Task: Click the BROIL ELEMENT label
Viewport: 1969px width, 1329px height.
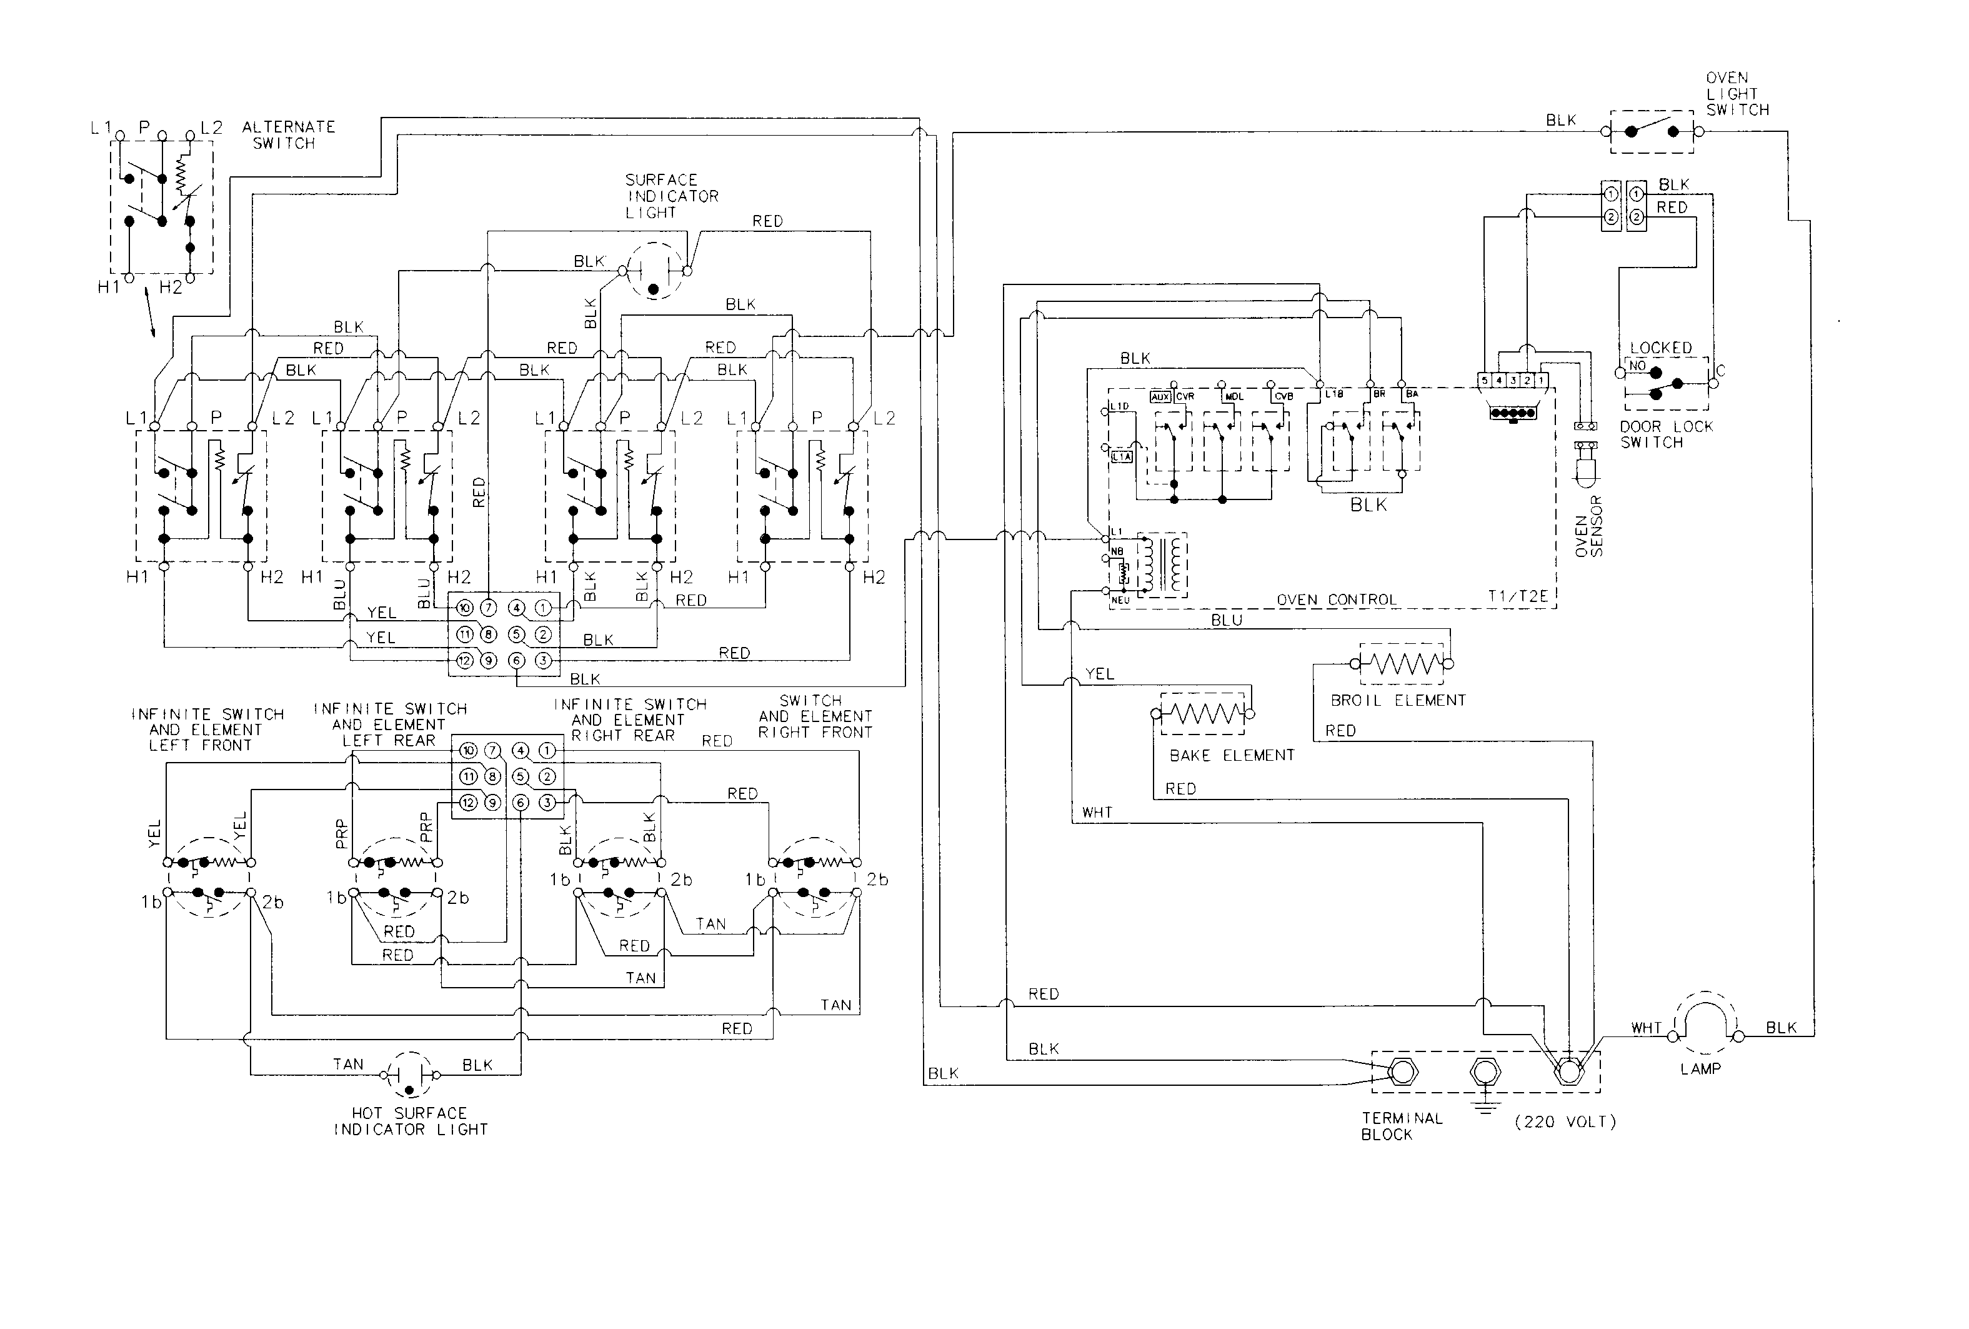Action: coord(1397,701)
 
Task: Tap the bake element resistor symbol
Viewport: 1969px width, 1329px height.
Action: coord(1203,715)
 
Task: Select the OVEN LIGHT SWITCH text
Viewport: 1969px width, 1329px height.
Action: coord(1737,94)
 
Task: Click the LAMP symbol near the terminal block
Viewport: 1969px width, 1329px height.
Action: coord(1704,1022)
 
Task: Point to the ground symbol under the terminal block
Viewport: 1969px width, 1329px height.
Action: coord(1484,1106)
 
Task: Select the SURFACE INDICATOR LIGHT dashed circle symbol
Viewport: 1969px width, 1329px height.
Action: coord(653,271)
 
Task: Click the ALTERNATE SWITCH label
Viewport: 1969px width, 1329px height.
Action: coord(288,135)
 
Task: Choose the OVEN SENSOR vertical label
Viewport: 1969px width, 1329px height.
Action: coord(1588,526)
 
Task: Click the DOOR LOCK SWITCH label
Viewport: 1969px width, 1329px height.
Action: coord(1666,434)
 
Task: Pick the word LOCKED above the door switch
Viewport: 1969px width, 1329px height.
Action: coord(1660,348)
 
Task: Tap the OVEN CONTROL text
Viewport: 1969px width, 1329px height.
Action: coord(1336,600)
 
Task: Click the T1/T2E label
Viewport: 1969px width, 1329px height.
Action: coord(1517,597)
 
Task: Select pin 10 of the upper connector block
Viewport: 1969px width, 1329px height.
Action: coord(464,608)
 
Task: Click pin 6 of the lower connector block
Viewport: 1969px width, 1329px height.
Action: coord(519,803)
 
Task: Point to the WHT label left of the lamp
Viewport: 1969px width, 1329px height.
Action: coord(1646,1028)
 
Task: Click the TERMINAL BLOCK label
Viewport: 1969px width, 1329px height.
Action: coord(1402,1126)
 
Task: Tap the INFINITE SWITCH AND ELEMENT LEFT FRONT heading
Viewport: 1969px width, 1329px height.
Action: coord(207,730)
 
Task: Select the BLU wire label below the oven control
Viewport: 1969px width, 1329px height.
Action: coord(1226,620)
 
